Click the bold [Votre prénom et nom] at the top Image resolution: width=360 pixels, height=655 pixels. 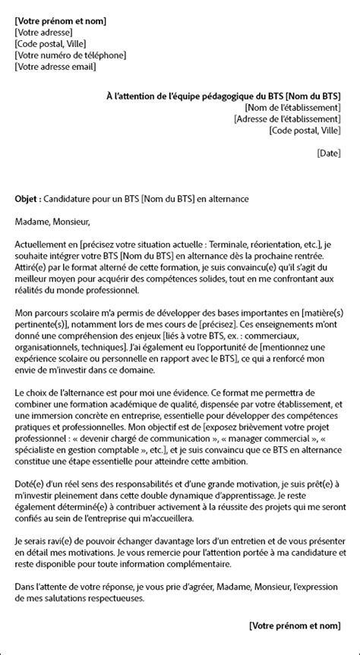click(x=60, y=20)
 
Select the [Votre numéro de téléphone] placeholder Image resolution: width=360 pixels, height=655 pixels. click(x=70, y=55)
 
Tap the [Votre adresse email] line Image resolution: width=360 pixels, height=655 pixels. click(x=55, y=66)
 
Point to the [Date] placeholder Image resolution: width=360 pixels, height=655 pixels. click(x=328, y=153)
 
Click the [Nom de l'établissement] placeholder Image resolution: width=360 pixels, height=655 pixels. click(x=288, y=108)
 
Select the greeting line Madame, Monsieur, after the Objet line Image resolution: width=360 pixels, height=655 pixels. click(x=52, y=222)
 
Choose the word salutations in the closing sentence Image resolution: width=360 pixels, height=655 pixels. click(x=96, y=597)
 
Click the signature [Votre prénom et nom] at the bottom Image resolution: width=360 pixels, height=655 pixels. click(x=295, y=625)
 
